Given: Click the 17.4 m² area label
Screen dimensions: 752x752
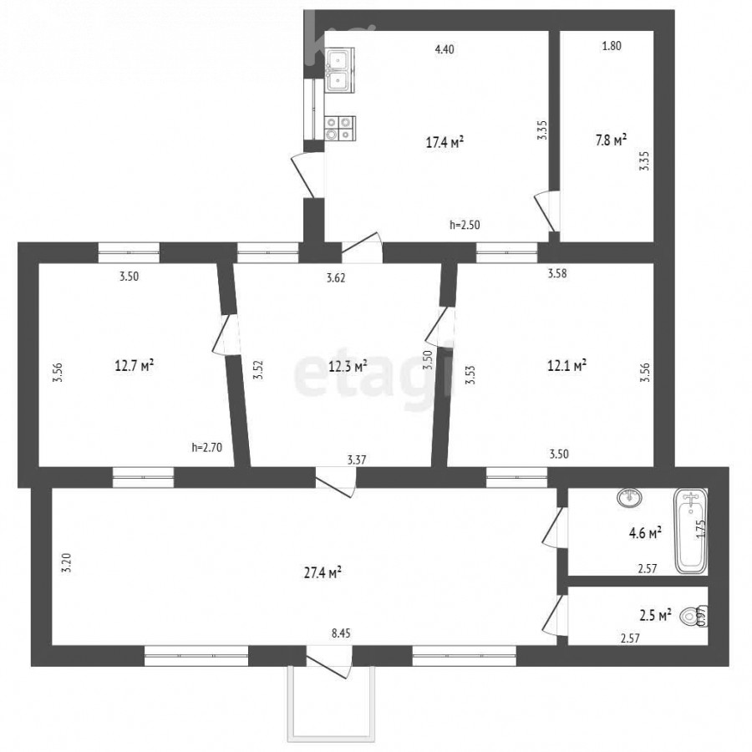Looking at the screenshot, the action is [x=445, y=142].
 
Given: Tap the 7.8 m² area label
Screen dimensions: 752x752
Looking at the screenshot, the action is [x=611, y=140].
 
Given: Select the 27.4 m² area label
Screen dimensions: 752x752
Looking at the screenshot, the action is [x=323, y=572].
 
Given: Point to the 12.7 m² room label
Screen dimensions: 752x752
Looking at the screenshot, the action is [x=135, y=366].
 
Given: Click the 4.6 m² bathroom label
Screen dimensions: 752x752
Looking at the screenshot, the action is [x=646, y=533].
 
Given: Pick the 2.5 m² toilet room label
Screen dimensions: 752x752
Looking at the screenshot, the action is [x=655, y=615].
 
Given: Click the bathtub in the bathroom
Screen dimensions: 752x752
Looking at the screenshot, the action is [x=691, y=531].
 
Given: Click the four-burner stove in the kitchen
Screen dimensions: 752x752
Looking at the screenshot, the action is [x=339, y=129].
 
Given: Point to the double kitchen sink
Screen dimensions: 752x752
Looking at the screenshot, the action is [x=339, y=70].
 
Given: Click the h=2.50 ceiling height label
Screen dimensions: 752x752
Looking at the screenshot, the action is [x=465, y=225].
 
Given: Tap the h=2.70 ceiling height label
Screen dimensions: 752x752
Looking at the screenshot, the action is [x=206, y=448].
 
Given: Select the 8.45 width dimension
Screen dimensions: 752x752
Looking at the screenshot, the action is [x=341, y=633].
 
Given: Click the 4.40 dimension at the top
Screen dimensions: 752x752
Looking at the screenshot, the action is [x=445, y=49].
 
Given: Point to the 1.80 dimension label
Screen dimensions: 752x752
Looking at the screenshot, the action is [x=612, y=46].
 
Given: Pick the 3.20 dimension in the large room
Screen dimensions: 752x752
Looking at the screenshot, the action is [x=67, y=562].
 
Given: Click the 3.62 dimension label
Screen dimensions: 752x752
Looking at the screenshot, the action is [x=336, y=277].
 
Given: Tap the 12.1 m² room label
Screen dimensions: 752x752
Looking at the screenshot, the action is [x=567, y=366].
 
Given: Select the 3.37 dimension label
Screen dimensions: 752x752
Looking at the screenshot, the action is [x=357, y=460].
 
